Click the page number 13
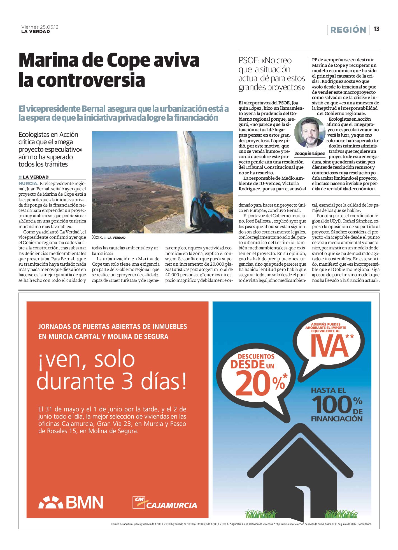(x=376, y=29)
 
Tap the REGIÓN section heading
(x=348, y=30)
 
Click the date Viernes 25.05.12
(x=40, y=27)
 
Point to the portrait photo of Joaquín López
(x=309, y=133)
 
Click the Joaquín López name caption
(x=309, y=153)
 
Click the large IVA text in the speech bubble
(x=329, y=346)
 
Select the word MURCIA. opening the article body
(x=28, y=184)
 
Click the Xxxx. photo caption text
(x=97, y=237)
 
